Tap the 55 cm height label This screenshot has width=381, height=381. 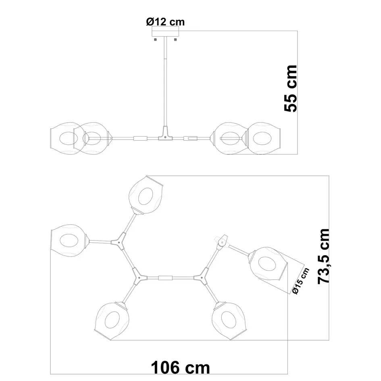tap(291, 88)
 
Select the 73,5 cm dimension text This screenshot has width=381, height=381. tap(324, 256)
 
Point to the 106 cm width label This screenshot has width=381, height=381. tap(180, 367)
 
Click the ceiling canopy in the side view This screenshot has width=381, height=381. tap(165, 33)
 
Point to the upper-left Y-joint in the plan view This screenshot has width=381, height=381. tap(119, 242)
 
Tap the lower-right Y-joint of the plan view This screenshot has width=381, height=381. tap(200, 277)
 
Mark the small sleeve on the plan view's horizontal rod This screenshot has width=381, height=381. tap(165, 278)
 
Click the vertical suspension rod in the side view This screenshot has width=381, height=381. tap(165, 81)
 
